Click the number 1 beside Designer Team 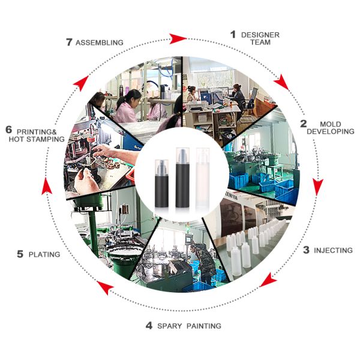(233, 34)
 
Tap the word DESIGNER (260, 35)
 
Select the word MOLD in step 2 (331, 124)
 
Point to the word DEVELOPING (331, 131)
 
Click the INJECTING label (333, 250)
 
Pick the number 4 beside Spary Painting (149, 326)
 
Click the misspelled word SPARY (169, 326)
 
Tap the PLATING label (44, 254)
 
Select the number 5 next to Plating (20, 254)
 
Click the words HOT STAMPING (37, 139)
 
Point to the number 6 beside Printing (9, 130)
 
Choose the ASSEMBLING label (100, 43)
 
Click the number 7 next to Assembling (69, 42)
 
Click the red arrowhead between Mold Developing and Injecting (317, 186)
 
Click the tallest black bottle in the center (182, 178)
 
